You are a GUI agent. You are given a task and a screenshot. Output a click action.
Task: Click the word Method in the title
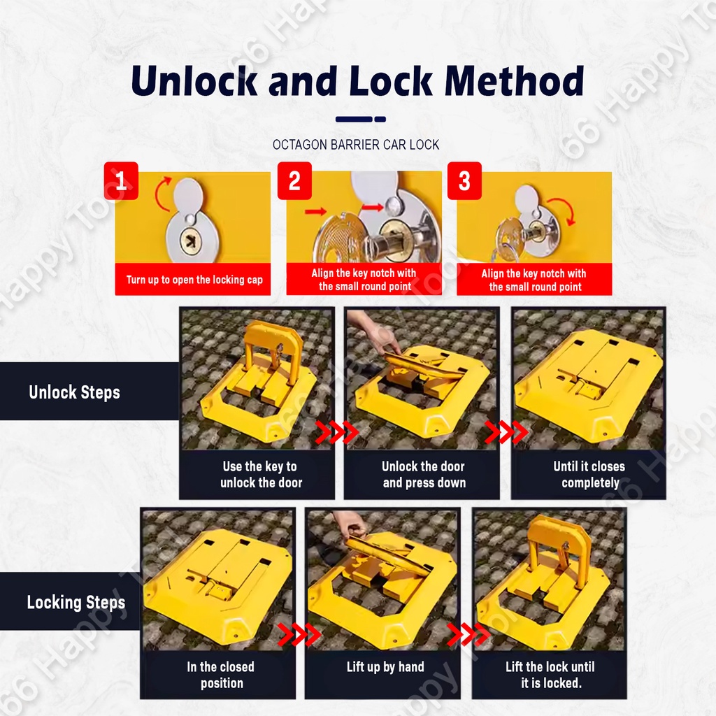pos(514,80)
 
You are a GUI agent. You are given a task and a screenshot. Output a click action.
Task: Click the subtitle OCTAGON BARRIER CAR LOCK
pos(356,145)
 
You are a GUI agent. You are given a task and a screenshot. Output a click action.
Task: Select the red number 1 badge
pos(121,181)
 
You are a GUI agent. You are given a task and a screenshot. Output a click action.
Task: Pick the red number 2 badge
pos(294,181)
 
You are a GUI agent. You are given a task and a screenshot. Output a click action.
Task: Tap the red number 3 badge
pos(464,181)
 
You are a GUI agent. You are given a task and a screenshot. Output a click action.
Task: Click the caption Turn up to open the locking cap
pos(194,280)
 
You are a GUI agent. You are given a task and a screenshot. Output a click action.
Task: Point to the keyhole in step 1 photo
pos(191,241)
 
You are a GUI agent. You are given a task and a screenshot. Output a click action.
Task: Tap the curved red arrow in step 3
pos(564,209)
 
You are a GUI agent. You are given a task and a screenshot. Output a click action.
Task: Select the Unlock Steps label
pos(74,392)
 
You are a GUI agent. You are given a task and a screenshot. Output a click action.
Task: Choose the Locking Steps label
pos(76,602)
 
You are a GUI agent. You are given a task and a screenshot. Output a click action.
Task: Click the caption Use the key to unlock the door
pos(261,475)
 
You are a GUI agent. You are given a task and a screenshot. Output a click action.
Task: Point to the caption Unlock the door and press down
pos(424,475)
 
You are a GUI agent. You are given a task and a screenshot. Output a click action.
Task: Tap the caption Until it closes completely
pos(589,475)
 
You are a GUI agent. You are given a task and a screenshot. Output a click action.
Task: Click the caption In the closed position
pos(221,675)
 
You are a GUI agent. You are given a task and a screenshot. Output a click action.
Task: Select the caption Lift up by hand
pos(385,667)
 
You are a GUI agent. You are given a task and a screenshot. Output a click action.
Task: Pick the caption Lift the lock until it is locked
pos(550,675)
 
